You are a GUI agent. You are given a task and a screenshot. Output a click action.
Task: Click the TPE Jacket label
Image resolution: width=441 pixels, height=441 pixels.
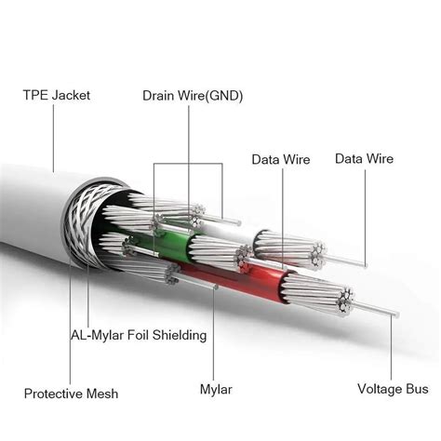point(58,95)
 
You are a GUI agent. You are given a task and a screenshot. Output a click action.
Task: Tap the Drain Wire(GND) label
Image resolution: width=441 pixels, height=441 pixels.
point(192,95)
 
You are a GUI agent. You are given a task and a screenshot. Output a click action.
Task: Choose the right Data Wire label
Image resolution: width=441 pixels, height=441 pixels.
point(365,159)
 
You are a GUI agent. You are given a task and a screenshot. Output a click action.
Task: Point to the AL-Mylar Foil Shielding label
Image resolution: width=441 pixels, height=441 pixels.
point(139,335)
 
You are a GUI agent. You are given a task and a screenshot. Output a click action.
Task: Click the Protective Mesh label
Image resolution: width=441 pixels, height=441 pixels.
point(72,394)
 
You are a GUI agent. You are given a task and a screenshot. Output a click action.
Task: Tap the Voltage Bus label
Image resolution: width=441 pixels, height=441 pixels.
point(393,389)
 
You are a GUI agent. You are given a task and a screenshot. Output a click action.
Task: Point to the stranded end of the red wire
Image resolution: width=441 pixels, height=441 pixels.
point(332,297)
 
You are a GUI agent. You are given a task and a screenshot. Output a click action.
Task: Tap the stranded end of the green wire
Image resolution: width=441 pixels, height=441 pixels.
point(216,251)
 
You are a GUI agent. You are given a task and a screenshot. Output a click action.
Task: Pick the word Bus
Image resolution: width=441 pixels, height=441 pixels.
point(416,389)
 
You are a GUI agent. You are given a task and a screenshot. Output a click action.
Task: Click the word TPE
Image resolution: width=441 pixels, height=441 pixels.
point(35,95)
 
